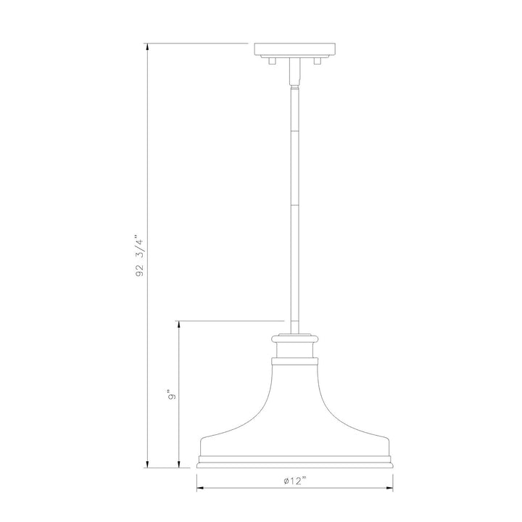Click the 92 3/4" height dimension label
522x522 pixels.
(140, 257)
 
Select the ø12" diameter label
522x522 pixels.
(294, 481)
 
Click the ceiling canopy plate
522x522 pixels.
(295, 49)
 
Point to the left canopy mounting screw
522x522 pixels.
(273, 61)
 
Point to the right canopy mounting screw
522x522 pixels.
(318, 61)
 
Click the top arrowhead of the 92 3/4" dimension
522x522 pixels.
(147, 48)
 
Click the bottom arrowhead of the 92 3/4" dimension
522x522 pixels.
(147, 463)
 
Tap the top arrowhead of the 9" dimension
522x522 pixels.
(179, 326)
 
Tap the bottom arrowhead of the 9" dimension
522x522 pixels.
(179, 463)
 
